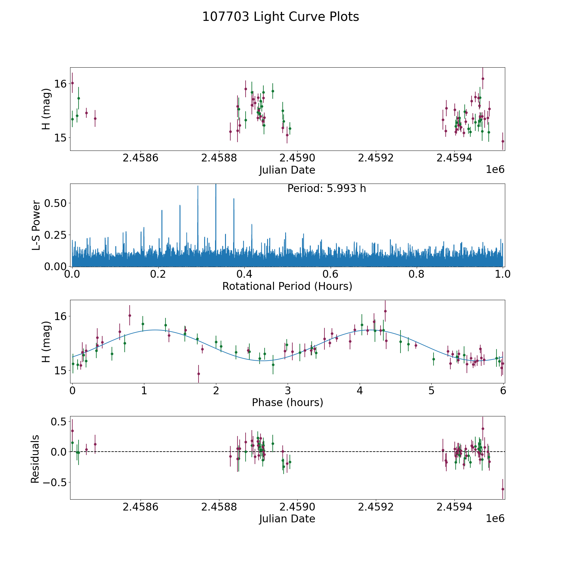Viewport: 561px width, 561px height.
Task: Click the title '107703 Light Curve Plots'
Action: (280, 17)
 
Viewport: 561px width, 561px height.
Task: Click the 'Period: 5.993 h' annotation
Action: (326, 189)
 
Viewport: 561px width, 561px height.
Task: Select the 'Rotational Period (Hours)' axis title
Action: (287, 286)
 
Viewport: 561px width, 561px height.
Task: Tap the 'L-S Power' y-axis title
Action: (36, 225)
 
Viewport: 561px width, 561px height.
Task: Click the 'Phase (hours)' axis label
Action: (287, 402)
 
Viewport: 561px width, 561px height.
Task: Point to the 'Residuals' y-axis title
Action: (35, 459)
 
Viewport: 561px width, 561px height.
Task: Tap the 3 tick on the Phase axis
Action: (288, 391)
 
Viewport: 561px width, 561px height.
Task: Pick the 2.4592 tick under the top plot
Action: (376, 158)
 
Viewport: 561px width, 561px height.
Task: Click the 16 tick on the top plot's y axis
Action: (60, 84)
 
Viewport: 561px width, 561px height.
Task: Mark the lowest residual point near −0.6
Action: (503, 489)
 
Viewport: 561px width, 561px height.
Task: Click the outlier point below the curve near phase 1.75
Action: (199, 374)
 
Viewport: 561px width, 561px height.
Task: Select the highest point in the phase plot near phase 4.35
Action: (385, 311)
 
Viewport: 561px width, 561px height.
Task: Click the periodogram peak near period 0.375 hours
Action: (234, 199)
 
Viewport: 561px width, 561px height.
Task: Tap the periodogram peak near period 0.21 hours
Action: (162, 211)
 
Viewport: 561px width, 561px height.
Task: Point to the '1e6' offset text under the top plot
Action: (495, 170)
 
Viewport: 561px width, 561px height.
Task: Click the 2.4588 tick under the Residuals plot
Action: (219, 507)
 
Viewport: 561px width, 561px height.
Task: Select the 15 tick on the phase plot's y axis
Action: (60, 371)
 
